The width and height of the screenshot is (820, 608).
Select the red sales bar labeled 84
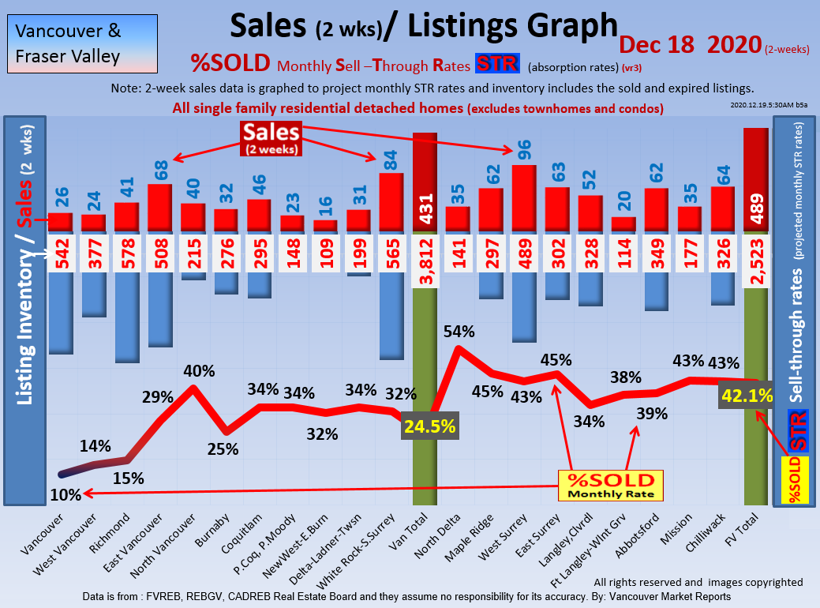coord(391,202)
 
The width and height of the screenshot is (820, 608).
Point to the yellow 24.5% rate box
coord(430,426)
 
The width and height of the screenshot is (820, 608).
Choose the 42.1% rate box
coord(746,396)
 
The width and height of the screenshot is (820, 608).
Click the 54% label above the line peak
coord(459,332)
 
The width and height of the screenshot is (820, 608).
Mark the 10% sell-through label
coord(65,495)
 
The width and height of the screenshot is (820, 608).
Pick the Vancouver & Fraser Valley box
coord(80,44)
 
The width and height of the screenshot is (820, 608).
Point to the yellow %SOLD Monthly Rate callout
coord(610,486)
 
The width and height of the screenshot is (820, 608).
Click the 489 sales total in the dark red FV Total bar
coord(755,212)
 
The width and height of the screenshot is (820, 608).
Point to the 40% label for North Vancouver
coord(193,371)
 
